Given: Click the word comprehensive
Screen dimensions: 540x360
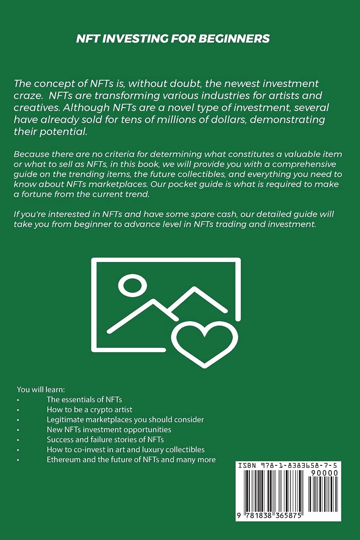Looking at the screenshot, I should [x=304, y=164].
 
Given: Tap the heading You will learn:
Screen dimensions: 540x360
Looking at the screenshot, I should [x=41, y=390].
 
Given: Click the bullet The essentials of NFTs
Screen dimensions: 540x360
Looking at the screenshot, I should [x=84, y=399].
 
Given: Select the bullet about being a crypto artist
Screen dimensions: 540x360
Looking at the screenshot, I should [x=89, y=409].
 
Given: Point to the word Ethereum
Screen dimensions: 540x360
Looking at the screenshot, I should [x=64, y=459].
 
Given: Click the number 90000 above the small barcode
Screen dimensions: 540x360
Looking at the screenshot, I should [x=324, y=473].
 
